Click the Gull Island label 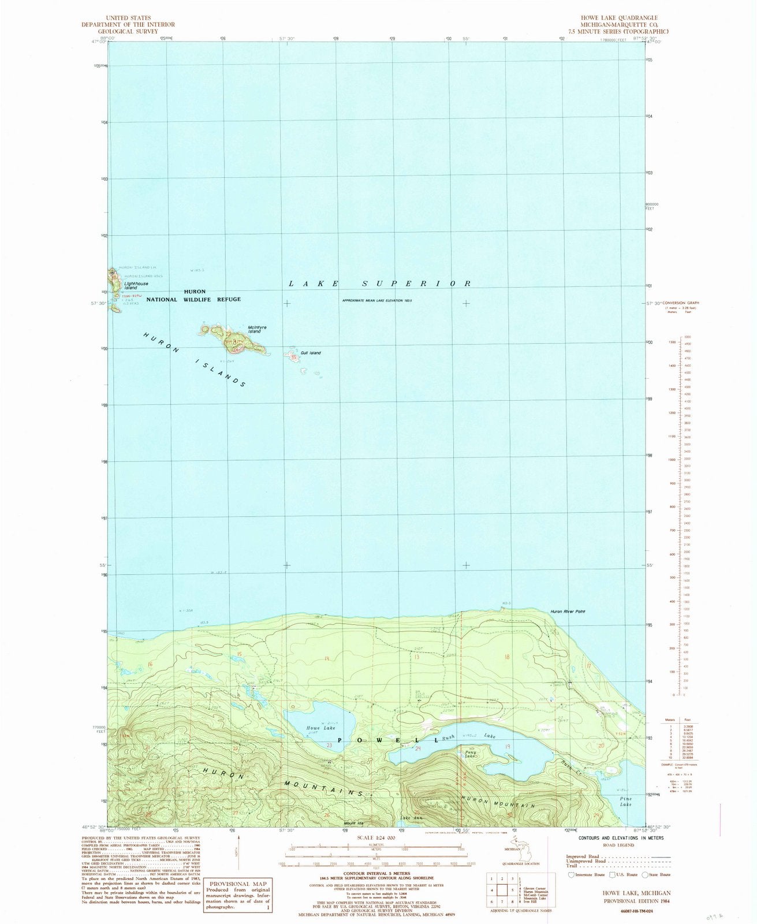(x=311, y=353)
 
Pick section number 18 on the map (x=508, y=657)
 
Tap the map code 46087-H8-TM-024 (x=626, y=910)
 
